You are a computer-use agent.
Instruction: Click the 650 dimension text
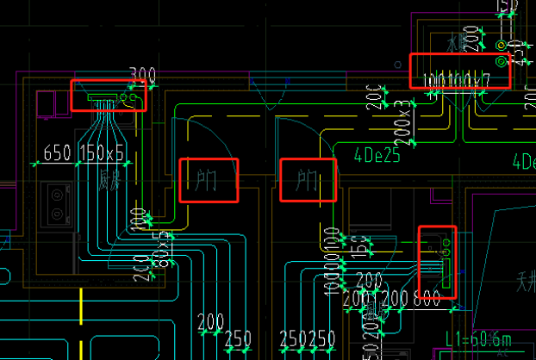[56, 153]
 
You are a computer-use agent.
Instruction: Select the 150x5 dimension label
[102, 153]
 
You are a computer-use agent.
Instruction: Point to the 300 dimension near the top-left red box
[142, 76]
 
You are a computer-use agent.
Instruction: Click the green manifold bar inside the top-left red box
[103, 99]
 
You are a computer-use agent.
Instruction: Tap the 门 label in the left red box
[207, 181]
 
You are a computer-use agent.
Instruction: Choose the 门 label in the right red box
[308, 181]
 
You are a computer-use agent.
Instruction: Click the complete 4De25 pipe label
[377, 157]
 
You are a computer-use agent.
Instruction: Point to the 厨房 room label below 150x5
[106, 180]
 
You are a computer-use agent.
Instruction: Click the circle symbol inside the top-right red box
[502, 62]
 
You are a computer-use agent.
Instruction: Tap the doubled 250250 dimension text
[308, 338]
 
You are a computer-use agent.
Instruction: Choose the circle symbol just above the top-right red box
[502, 44]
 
